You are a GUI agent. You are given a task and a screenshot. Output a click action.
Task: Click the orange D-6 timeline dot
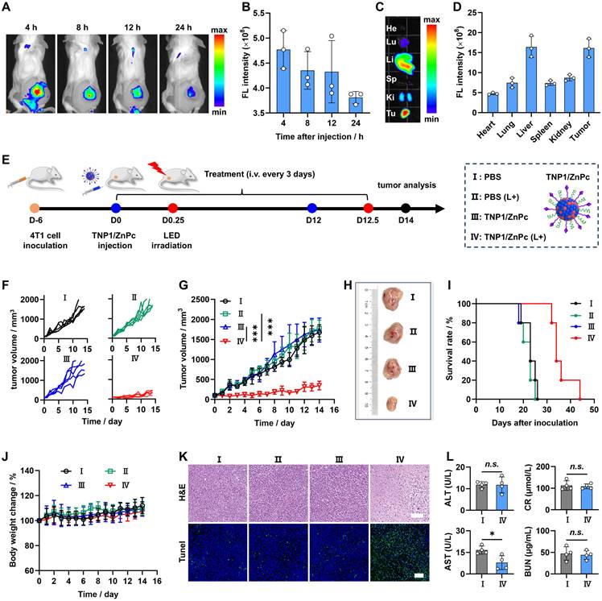[35, 209]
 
